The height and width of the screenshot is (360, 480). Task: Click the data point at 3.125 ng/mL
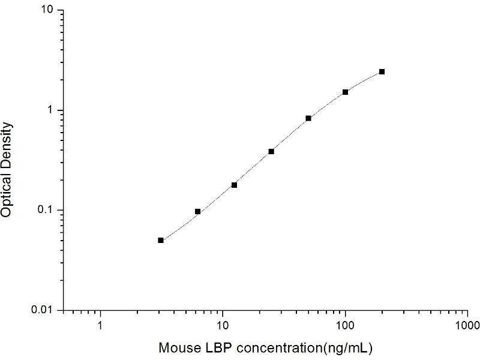[161, 240]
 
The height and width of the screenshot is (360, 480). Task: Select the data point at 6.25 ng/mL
[197, 212]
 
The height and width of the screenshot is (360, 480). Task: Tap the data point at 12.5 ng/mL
[234, 185]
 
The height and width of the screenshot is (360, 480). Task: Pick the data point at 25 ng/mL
[271, 151]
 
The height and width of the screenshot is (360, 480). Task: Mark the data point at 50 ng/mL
[308, 118]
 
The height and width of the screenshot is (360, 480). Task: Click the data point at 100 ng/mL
[345, 92]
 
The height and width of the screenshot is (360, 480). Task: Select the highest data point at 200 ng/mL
[382, 71]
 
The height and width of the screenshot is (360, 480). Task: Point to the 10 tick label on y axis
[48, 11]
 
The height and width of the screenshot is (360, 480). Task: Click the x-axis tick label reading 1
[100, 328]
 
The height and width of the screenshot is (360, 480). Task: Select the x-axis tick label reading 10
[223, 328]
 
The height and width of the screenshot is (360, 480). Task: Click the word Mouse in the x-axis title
[177, 347]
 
